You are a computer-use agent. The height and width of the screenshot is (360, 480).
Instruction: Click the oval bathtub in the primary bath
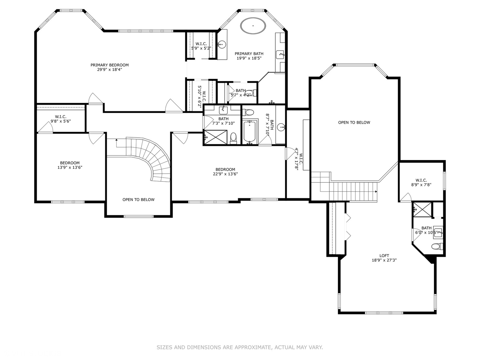point(253,26)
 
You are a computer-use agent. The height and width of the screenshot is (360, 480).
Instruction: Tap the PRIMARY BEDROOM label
point(110,65)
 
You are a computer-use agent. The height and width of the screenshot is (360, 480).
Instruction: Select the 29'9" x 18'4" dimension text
point(110,70)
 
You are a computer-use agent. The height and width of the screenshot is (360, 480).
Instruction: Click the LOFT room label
point(384,256)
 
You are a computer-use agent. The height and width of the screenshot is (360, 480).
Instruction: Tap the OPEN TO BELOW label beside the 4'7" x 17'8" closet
point(354,122)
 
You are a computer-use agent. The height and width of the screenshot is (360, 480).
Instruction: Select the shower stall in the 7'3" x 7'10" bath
point(216,137)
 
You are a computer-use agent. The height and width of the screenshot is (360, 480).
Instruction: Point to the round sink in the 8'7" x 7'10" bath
point(281,127)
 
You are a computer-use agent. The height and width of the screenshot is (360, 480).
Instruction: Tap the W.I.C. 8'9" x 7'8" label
point(421,183)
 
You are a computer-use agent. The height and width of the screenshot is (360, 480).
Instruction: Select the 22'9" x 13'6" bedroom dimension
point(225,174)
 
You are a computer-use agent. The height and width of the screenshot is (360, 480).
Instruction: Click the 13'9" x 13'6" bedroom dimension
point(70,167)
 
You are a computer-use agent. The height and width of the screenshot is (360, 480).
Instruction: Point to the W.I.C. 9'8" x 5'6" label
point(61,119)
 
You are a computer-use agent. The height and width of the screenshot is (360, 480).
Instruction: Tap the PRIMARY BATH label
point(249,54)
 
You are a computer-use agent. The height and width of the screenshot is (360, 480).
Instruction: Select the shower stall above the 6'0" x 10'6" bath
point(422,209)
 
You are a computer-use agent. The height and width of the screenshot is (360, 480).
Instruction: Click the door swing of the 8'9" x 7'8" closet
point(406,197)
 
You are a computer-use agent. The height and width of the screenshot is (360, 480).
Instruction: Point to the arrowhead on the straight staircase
point(376,192)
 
